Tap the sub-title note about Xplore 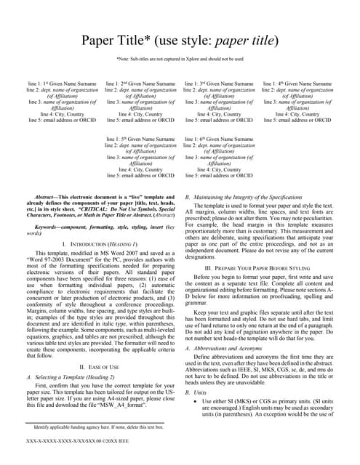point(180,59)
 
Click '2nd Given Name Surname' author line point(141,84)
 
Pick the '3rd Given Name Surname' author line point(219,84)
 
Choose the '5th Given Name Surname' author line point(141,139)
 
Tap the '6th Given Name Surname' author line point(219,139)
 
